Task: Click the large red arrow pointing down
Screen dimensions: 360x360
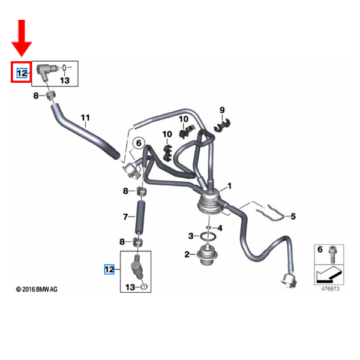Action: pos(23,37)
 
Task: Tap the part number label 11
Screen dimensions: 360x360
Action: pos(85,118)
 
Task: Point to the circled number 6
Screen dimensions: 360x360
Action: pos(138,143)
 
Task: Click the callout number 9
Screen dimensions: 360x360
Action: pos(221,110)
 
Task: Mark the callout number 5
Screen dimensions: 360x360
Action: pos(293,216)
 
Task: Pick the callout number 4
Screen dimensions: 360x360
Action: pos(220,228)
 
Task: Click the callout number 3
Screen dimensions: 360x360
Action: pos(190,235)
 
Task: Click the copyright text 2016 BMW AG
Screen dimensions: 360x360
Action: pos(37,289)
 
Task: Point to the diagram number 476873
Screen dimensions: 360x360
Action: pos(329,289)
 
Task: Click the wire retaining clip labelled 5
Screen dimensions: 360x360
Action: pos(267,211)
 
